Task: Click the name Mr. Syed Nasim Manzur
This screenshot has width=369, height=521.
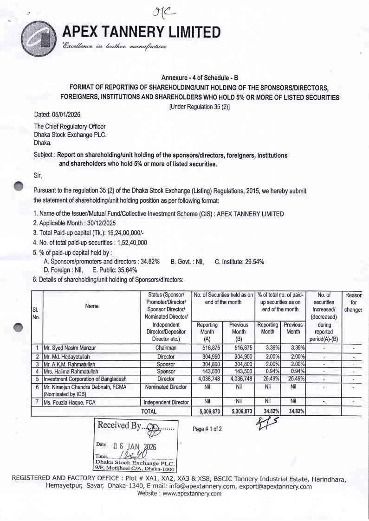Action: [70, 347]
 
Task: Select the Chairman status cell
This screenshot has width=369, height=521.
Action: [166, 347]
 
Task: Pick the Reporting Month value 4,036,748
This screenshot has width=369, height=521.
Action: [206, 379]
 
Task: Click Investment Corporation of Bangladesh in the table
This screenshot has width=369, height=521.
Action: [85, 379]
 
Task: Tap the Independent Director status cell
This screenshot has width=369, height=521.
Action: [166, 402]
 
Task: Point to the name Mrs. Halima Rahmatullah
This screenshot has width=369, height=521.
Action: [70, 372]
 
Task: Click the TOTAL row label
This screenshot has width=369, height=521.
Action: [149, 411]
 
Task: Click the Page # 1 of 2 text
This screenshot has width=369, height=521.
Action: [207, 429]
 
